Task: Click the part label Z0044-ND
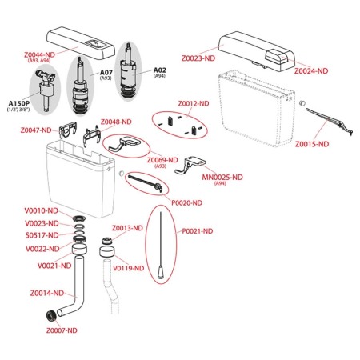(39, 54)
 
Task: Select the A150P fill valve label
(19, 103)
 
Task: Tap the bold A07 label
(106, 72)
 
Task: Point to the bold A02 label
(160, 70)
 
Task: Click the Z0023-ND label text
(198, 58)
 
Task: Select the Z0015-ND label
(312, 144)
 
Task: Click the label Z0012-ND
(194, 103)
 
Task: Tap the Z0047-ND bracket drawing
(68, 130)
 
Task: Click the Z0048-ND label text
(116, 122)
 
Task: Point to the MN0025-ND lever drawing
(190, 166)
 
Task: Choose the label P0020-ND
(186, 203)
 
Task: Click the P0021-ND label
(198, 231)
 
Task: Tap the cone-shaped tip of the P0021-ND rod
(161, 273)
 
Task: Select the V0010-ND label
(42, 210)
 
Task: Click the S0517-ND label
(42, 235)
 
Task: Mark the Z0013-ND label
(127, 228)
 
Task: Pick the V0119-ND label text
(129, 268)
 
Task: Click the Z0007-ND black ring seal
(51, 315)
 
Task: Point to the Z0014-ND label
(47, 293)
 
